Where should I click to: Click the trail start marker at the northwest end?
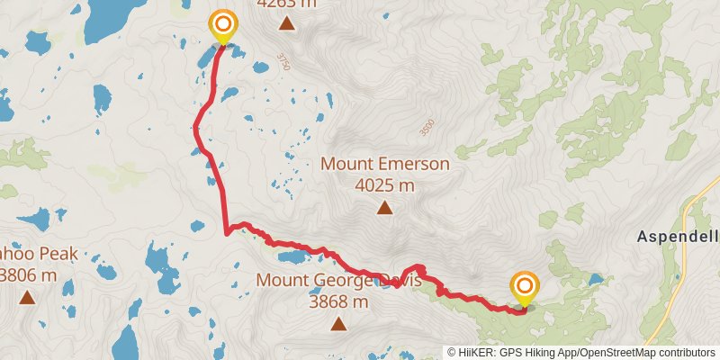pos(222,24)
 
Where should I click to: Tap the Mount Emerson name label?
pos(384,165)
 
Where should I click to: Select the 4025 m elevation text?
pos(384,185)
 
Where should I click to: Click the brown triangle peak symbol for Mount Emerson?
pos(384,209)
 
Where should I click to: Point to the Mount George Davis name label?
pos(338,281)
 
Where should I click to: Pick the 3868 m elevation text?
pos(338,302)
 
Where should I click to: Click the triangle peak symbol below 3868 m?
pos(338,324)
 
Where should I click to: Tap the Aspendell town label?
pos(678,237)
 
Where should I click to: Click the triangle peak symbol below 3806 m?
pos(27,297)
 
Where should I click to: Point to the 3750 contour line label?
pos(284,62)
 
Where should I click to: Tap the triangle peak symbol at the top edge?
pos(286,23)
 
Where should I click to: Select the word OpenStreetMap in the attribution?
pos(613,352)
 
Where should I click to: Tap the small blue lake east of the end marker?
pos(595,279)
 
